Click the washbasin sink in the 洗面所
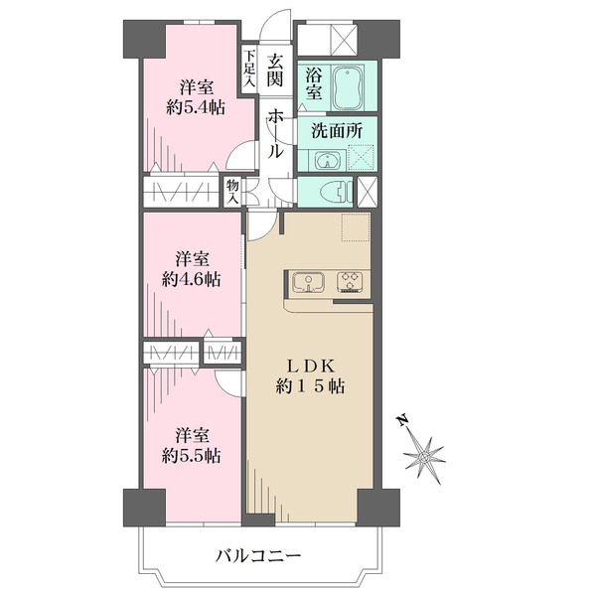[x=326, y=161]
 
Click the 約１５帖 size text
[x=312, y=387]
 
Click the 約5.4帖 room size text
[x=195, y=107]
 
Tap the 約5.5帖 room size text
[x=193, y=456]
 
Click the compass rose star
[x=428, y=456]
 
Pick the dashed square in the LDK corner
[x=356, y=227]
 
